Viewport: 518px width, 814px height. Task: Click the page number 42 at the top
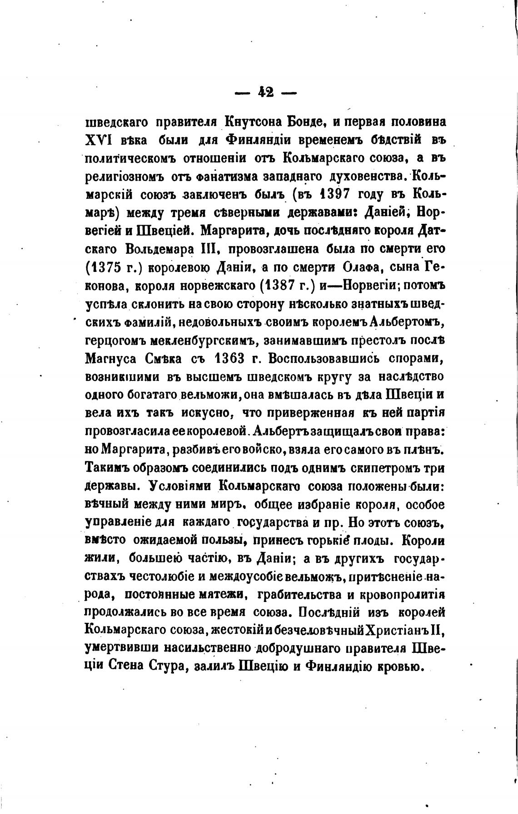point(266,93)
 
